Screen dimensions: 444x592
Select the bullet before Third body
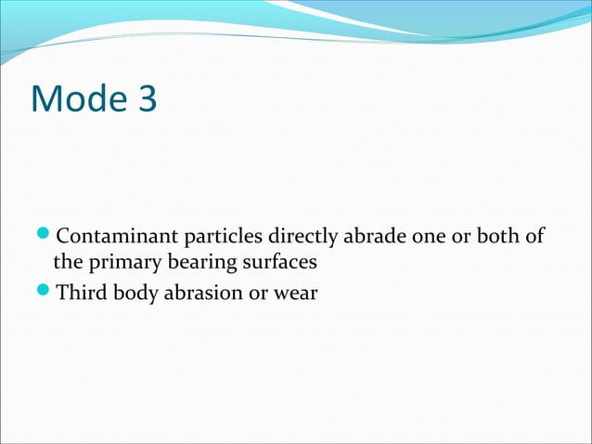click(46, 295)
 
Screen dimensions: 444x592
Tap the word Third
click(80, 295)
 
